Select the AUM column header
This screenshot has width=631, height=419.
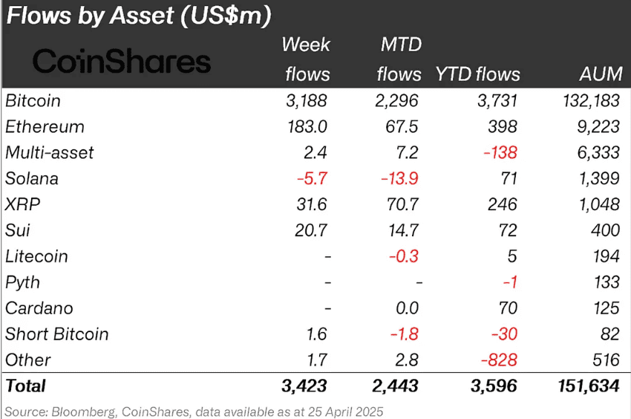(598, 74)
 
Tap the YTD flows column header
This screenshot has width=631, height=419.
(478, 74)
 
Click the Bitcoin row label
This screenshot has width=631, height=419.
(33, 100)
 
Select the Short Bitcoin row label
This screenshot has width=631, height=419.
(56, 334)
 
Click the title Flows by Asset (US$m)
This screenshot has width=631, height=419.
(138, 15)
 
